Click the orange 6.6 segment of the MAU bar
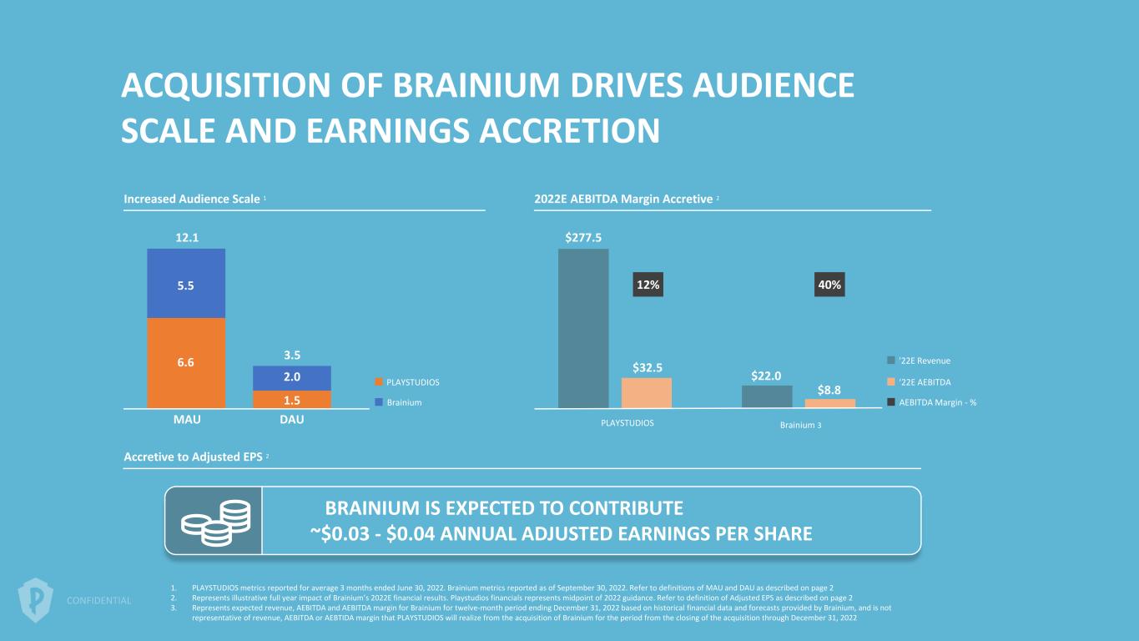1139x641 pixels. (186, 362)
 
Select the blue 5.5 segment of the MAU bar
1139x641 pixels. (186, 284)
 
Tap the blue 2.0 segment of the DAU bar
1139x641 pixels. (292, 377)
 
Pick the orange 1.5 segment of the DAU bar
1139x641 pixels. (292, 399)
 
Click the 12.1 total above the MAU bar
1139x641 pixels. (186, 238)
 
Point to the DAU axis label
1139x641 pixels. (292, 420)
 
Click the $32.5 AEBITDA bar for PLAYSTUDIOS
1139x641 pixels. (647, 392)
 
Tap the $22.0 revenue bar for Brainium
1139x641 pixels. (767, 396)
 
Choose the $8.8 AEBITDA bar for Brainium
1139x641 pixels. (830, 403)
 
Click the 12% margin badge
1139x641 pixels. (648, 285)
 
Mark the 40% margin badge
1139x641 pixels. (829, 285)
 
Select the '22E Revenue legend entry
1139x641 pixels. (919, 361)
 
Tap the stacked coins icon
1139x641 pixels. (213, 521)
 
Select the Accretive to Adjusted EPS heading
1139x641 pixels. (192, 457)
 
